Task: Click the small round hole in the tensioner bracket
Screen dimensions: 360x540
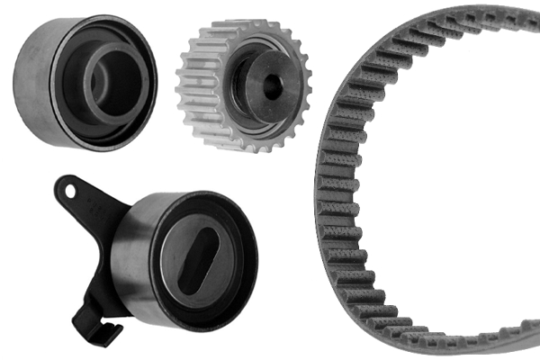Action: [x=68, y=189]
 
